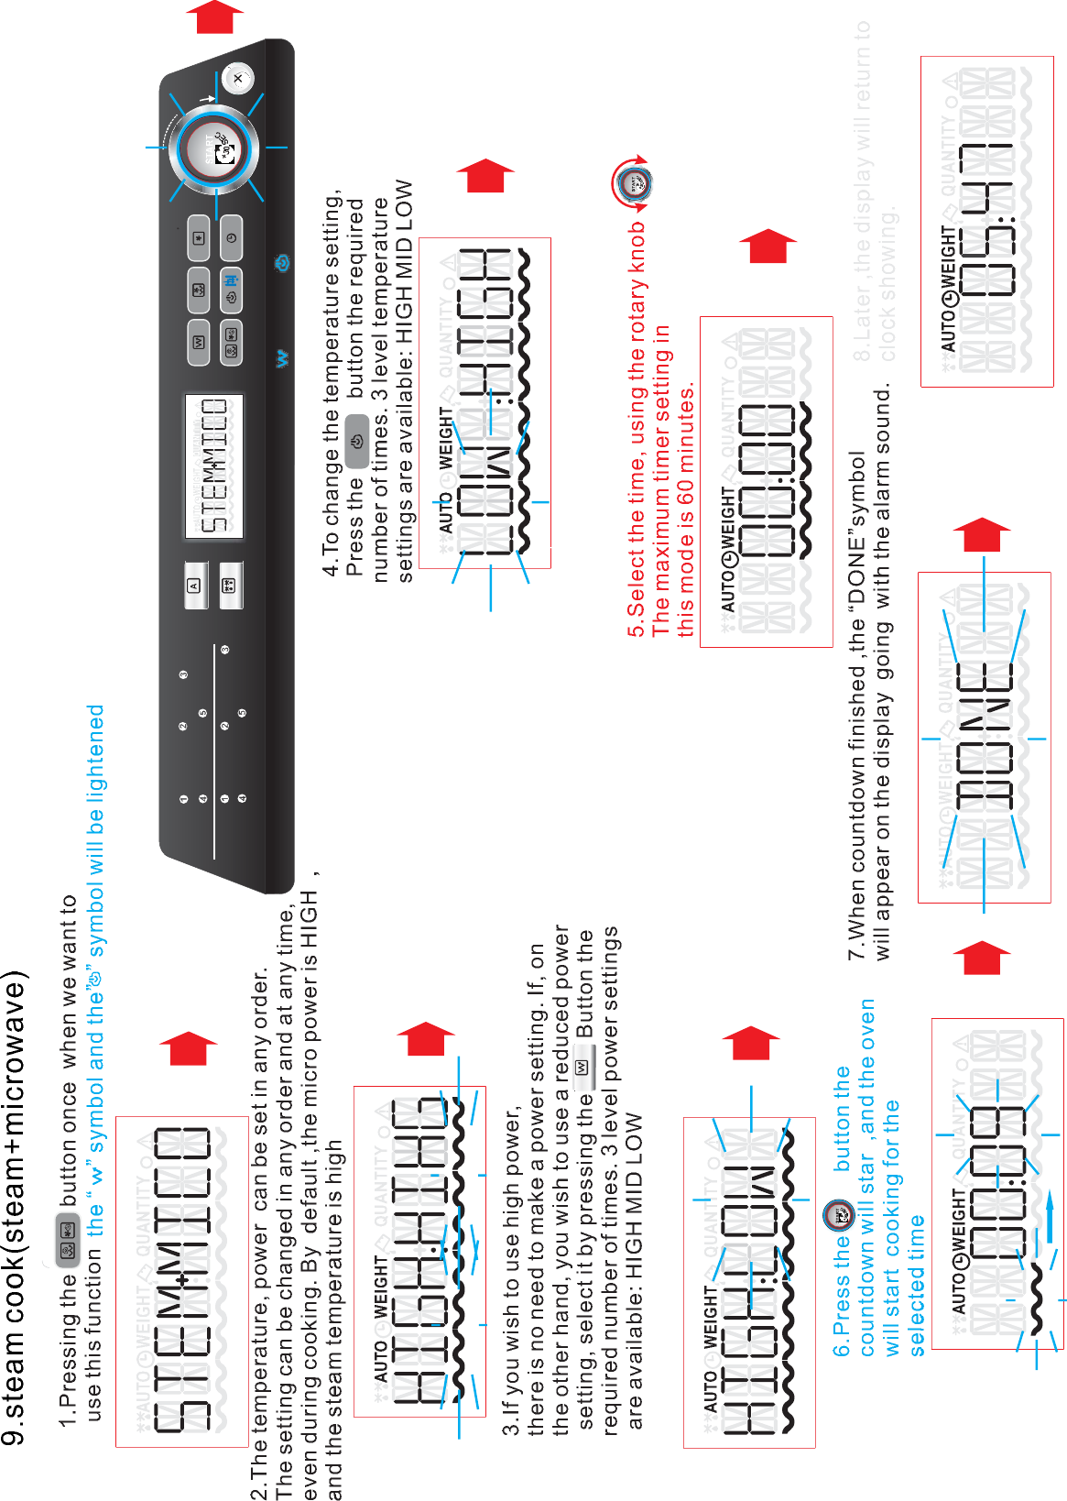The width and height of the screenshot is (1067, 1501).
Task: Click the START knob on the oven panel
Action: [x=219, y=148]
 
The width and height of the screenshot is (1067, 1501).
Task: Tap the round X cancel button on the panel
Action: [x=238, y=79]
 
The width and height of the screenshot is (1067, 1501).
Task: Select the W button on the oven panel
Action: [x=198, y=342]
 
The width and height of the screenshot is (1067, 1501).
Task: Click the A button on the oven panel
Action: [x=195, y=585]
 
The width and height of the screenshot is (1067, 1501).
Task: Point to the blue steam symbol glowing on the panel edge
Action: [x=283, y=264]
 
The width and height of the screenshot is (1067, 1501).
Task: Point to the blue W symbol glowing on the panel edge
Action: [x=283, y=358]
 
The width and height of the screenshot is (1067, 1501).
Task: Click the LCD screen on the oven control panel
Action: [x=214, y=466]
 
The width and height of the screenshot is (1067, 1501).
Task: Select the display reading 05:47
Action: [x=987, y=222]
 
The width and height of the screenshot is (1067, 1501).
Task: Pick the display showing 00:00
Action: [x=767, y=482]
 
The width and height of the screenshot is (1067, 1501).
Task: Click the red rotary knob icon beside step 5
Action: [x=633, y=183]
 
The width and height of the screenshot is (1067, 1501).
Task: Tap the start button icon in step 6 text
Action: [x=838, y=1216]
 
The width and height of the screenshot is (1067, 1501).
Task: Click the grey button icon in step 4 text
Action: [x=357, y=440]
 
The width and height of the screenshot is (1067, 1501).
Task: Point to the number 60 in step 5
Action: [x=686, y=501]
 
